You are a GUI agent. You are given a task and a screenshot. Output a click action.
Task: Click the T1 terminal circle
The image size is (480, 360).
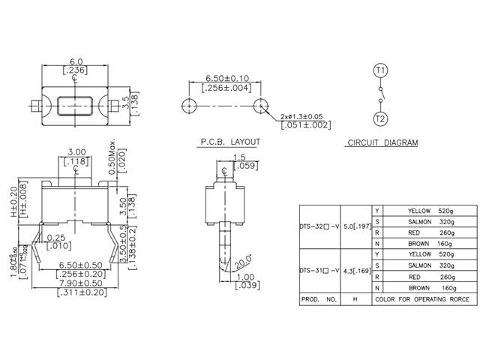coord(380,70)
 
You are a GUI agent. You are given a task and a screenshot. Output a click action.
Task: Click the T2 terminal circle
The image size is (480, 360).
coord(380,118)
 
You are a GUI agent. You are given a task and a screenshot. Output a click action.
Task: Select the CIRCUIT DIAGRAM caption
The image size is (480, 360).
coord(382,142)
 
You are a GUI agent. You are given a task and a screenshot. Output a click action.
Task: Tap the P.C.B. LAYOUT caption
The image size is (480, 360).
coord(229,142)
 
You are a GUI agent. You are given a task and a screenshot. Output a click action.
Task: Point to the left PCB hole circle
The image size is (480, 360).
coord(187,104)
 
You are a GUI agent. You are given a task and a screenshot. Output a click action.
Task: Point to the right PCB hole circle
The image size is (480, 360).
coord(259,104)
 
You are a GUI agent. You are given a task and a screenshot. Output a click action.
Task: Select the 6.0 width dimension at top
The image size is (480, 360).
coord(75,63)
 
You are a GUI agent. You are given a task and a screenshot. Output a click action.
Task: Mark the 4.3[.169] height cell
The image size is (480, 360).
coord(357,270)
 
